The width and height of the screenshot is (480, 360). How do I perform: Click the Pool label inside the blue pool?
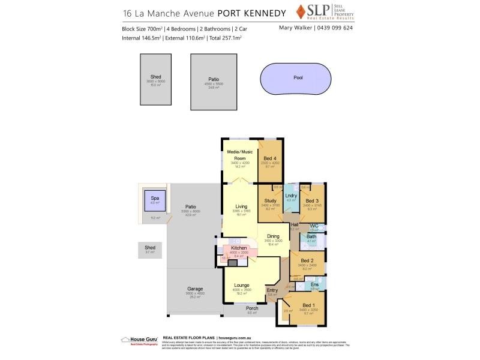298,77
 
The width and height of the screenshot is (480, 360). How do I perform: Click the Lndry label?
292,196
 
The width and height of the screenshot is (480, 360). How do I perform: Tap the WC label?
314,226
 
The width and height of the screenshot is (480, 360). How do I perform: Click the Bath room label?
311,236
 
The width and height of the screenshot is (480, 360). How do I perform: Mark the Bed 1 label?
308,305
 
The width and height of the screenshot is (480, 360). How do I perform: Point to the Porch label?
252,308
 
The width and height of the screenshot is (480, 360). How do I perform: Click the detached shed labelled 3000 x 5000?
156,79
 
